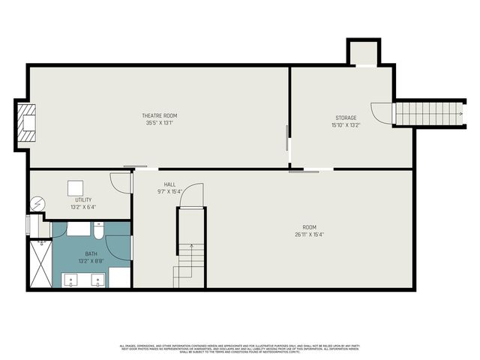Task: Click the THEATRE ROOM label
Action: pyautogui.click(x=160, y=115)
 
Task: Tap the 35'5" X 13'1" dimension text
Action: pyautogui.click(x=160, y=123)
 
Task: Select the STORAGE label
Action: pyautogui.click(x=346, y=118)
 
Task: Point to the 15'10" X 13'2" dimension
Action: pyautogui.click(x=346, y=125)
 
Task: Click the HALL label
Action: pyautogui.click(x=170, y=184)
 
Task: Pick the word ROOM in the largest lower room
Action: pyautogui.click(x=309, y=227)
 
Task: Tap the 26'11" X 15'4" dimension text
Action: pyautogui.click(x=309, y=235)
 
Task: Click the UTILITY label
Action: pyautogui.click(x=82, y=200)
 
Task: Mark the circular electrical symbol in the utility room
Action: pyautogui.click(x=37, y=203)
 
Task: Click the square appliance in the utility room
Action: pyautogui.click(x=76, y=188)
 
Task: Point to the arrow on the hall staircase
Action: pyautogui.click(x=190, y=247)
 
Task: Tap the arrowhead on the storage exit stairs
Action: pyautogui.click(x=464, y=115)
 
